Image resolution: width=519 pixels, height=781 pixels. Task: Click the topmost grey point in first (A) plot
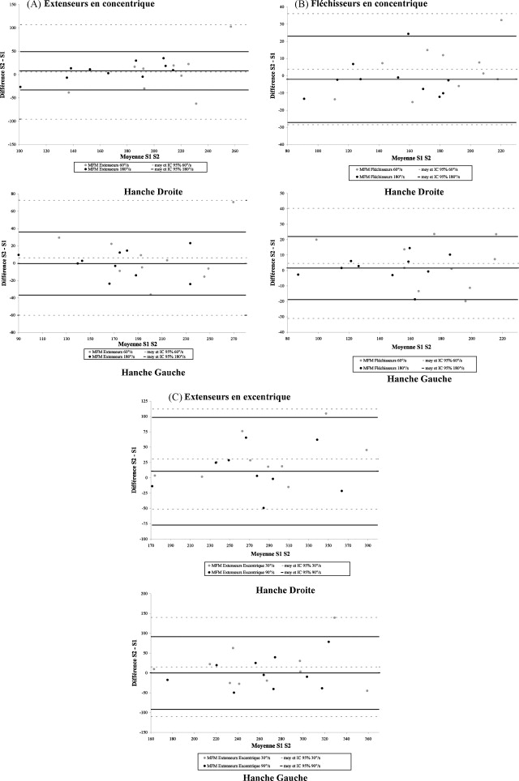[x=230, y=27]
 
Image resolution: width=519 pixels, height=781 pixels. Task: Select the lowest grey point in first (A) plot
[x=195, y=104]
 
